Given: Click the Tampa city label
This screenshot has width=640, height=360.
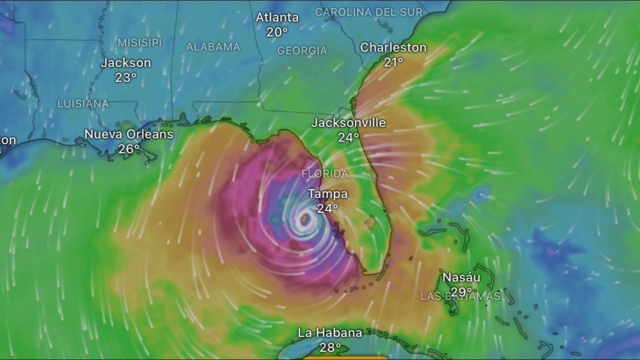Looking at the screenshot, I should click(x=327, y=193).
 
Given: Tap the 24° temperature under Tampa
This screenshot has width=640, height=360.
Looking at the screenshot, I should click(x=327, y=208).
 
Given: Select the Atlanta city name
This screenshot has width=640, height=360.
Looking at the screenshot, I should click(x=277, y=17).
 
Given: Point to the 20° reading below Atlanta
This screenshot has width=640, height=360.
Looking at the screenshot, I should click(x=277, y=32).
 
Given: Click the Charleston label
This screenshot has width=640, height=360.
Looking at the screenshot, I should click(x=393, y=47).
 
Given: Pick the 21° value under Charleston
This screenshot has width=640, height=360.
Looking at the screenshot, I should click(x=393, y=62).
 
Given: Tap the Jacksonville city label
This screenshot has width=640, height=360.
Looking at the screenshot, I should click(x=348, y=122).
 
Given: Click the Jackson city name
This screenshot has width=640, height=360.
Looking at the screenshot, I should click(x=126, y=63).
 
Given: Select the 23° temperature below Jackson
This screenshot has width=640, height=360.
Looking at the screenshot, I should click(x=126, y=77).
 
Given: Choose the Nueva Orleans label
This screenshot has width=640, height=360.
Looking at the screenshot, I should click(x=129, y=134).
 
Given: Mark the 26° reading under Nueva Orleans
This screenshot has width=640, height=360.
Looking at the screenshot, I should click(x=129, y=148).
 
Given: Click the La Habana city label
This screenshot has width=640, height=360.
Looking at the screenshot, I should click(x=330, y=332).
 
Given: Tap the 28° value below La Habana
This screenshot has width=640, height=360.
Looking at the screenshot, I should click(x=330, y=347).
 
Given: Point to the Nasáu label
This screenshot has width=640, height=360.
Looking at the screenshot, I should click(x=461, y=277).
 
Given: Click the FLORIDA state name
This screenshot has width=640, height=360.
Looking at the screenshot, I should click(x=325, y=174).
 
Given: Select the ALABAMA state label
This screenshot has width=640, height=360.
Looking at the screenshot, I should click(x=213, y=47).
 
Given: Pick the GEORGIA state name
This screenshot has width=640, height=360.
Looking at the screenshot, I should click(x=302, y=50).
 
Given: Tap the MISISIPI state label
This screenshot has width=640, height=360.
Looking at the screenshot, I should click(x=139, y=42).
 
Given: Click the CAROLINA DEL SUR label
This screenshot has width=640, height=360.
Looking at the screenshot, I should click(x=368, y=12).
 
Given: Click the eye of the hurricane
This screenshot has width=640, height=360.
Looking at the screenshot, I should click(x=304, y=218).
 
